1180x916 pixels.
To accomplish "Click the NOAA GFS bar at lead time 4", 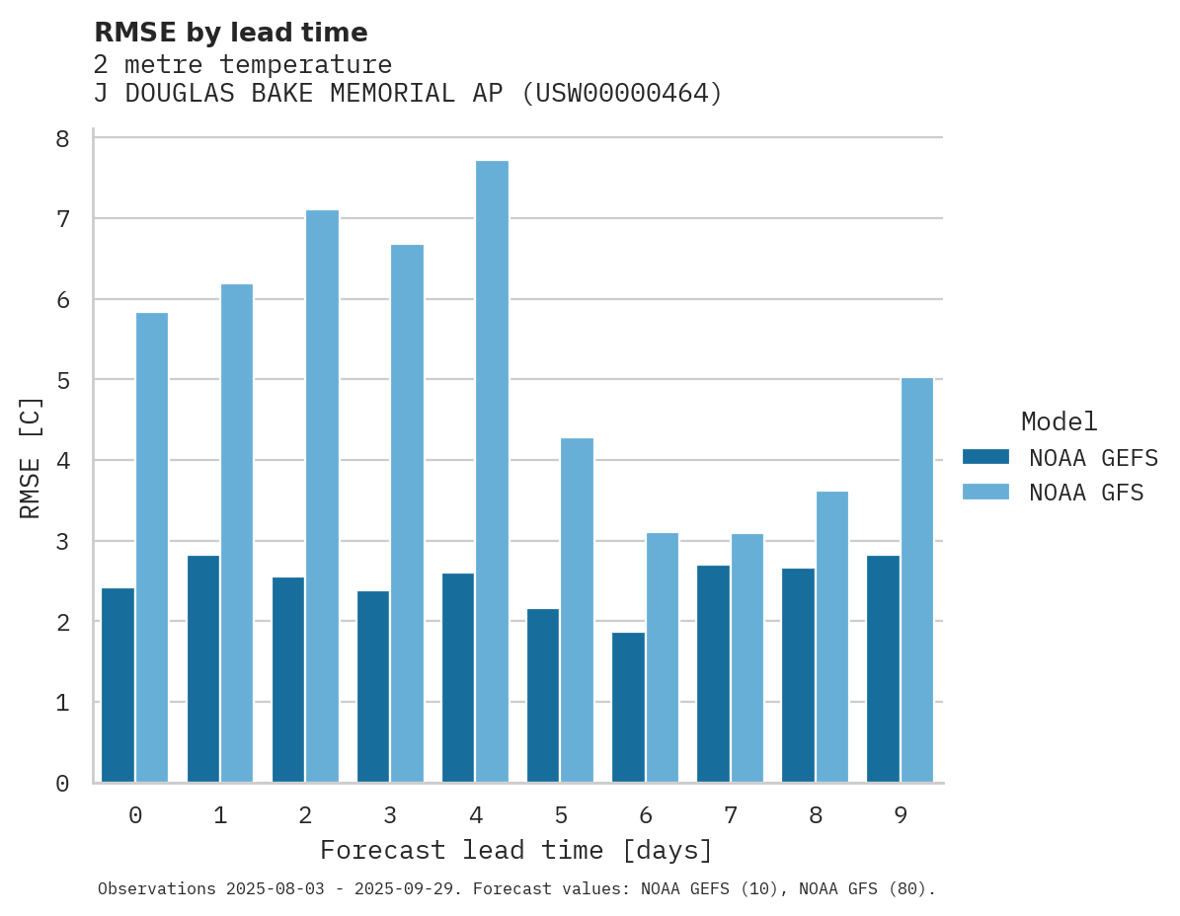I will pyautogui.click(x=492, y=472).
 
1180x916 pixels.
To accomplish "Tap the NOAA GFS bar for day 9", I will pyautogui.click(x=917, y=580).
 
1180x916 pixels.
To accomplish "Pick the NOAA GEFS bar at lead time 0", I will pyautogui.click(x=118, y=685).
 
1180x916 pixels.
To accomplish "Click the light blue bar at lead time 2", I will pyautogui.click(x=322, y=496).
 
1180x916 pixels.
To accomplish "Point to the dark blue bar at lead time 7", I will pyautogui.click(x=713, y=674).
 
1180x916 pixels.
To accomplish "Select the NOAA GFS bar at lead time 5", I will pyautogui.click(x=577, y=610).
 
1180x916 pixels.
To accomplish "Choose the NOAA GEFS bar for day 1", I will pyautogui.click(x=202, y=669).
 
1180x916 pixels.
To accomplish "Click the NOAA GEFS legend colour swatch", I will pyautogui.click(x=985, y=457).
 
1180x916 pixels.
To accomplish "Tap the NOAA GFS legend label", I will pyautogui.click(x=1086, y=493).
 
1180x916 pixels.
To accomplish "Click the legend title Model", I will pyautogui.click(x=1059, y=422).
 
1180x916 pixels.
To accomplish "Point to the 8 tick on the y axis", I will pyautogui.click(x=62, y=138).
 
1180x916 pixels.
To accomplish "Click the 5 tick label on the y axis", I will pyautogui.click(x=62, y=380).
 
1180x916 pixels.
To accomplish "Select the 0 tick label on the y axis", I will pyautogui.click(x=62, y=784).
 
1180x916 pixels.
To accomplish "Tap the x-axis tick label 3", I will pyautogui.click(x=390, y=815).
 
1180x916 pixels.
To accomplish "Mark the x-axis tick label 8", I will pyautogui.click(x=815, y=815).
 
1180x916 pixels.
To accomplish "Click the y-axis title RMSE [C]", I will pyautogui.click(x=31, y=457).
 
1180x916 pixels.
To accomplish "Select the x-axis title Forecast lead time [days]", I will pyautogui.click(x=516, y=850).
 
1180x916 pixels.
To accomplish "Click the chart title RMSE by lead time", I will pyautogui.click(x=231, y=33).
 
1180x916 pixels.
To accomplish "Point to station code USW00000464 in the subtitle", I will pyautogui.click(x=621, y=94).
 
